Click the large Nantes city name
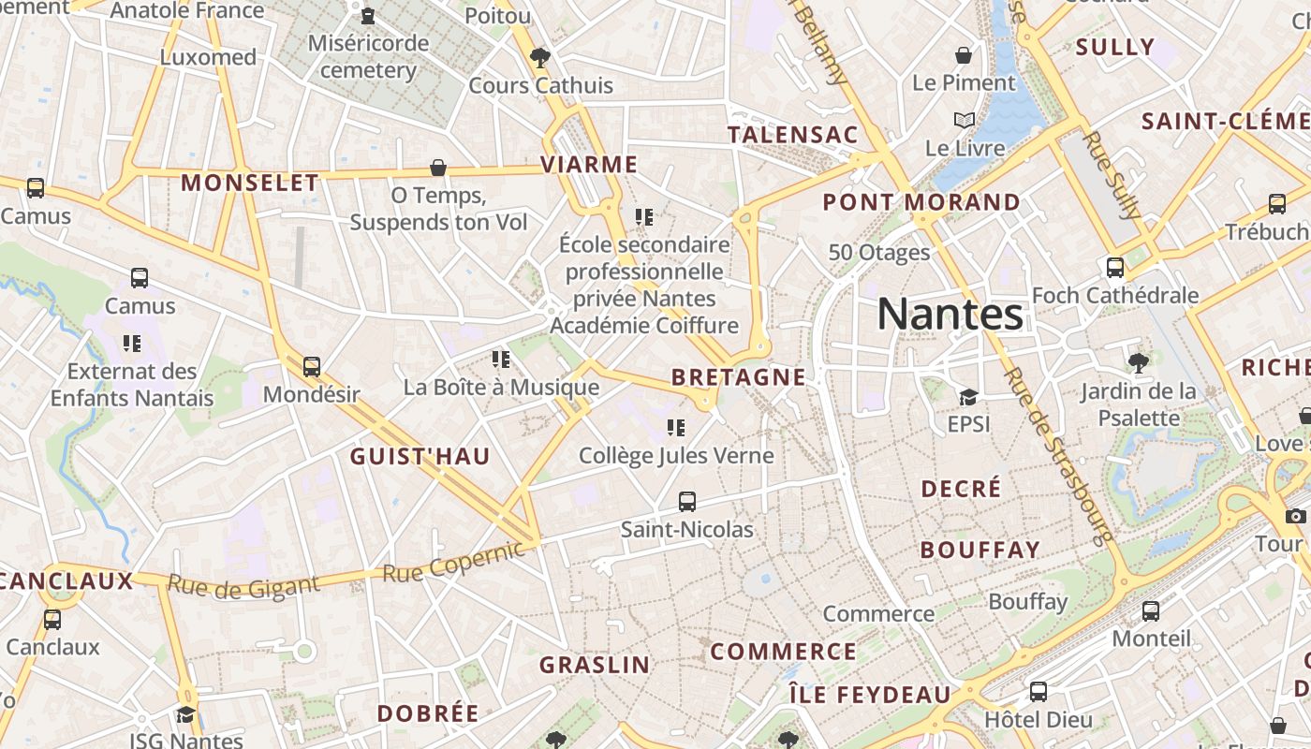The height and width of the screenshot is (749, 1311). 950,315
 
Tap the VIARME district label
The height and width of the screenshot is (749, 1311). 589,165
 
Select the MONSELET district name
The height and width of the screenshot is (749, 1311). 249,183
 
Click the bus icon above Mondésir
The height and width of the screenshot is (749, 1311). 312,367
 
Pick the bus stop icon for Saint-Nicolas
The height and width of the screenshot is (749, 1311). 687,502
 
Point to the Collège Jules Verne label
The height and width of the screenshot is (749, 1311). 676,456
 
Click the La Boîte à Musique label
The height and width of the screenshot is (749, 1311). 501,387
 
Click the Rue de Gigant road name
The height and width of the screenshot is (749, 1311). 243,587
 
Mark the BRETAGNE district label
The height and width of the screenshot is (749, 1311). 738,377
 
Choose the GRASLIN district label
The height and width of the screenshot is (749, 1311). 594,665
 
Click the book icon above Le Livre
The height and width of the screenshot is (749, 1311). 965,121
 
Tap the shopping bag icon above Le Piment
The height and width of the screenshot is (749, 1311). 963,56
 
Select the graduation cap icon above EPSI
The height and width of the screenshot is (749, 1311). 968,398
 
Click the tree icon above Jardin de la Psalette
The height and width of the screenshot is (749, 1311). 1139,362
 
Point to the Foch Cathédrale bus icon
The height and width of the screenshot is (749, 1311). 1114,268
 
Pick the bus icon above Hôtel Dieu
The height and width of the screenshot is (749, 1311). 1038,692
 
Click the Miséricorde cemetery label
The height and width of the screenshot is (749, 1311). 369,56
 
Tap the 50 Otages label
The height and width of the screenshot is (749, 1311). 879,252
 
